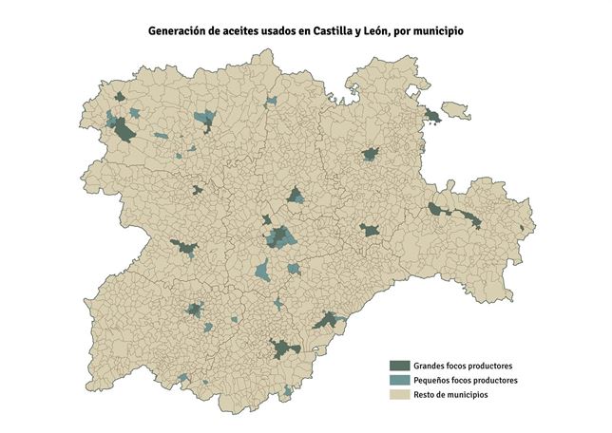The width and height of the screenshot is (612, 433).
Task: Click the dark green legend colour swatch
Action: [400, 366]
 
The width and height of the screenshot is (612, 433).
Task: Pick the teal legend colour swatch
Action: [400, 380]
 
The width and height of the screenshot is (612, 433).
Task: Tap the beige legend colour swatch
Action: [400, 394]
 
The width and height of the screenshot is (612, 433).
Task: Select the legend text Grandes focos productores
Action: [464, 366]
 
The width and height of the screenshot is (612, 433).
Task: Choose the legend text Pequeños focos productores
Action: [466, 380]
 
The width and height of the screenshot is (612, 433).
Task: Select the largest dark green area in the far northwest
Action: [124, 133]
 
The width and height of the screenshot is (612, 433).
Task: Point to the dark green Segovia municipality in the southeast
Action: [327, 320]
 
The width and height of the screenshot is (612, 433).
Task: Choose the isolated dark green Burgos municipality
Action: [370, 154]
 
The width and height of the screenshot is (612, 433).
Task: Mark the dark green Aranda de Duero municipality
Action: [370, 230]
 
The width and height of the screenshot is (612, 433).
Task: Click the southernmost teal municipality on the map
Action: [287, 389]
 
